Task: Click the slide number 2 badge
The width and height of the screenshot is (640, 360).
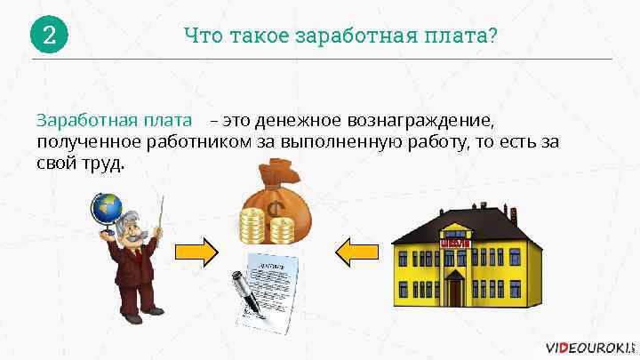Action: (x=49, y=36)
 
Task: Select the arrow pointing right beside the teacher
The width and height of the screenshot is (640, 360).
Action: (x=196, y=252)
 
